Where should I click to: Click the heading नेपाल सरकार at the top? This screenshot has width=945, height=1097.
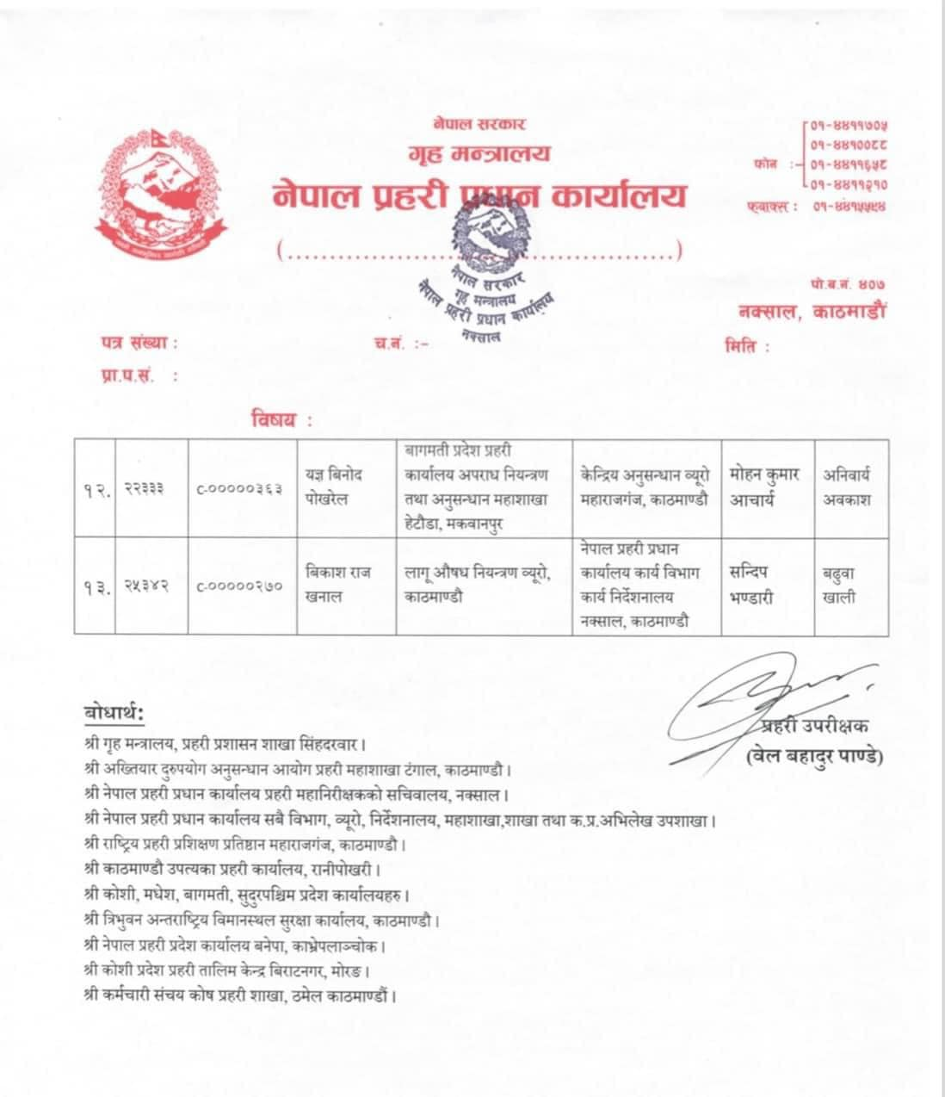(480, 126)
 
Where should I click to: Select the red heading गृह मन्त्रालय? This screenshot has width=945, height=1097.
(479, 155)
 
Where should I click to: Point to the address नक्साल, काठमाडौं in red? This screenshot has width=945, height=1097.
(811, 312)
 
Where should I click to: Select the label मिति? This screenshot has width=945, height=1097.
(745, 347)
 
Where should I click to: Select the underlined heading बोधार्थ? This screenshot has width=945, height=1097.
(114, 714)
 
